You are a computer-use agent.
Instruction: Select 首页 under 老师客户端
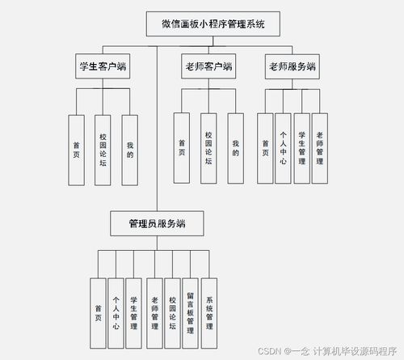[x=183, y=146]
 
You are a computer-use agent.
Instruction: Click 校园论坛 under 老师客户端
[x=208, y=146]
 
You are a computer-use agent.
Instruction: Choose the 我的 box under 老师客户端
[x=235, y=146]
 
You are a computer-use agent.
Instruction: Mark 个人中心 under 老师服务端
[x=284, y=146]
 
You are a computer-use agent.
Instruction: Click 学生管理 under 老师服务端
[x=302, y=146]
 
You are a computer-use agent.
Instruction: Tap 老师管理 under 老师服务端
[x=321, y=146]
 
